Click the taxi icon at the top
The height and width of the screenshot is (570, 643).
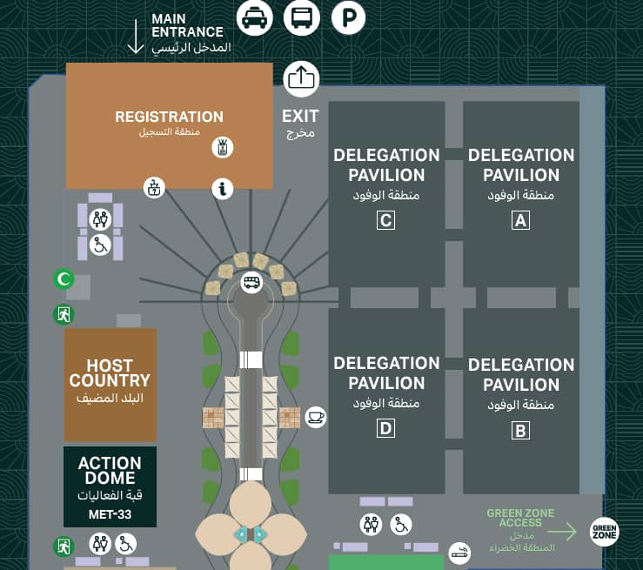pyautogui.click(x=255, y=17)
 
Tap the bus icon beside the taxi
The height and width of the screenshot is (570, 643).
pyautogui.click(x=301, y=17)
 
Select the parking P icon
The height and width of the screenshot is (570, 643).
pyautogui.click(x=348, y=17)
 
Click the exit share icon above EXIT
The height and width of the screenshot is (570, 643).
pyautogui.click(x=301, y=79)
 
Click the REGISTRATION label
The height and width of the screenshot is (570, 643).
pyautogui.click(x=169, y=117)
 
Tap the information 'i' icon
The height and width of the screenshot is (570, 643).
pyautogui.click(x=224, y=187)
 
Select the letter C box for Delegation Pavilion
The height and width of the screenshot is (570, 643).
pyautogui.click(x=385, y=220)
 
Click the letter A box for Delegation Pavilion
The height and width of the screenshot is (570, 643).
pyautogui.click(x=520, y=220)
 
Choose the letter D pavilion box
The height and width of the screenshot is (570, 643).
pyautogui.click(x=385, y=428)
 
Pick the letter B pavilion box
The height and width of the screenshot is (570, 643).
pyautogui.click(x=520, y=429)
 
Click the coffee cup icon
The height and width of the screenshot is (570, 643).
pyautogui.click(x=315, y=417)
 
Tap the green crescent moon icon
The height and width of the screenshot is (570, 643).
pyautogui.click(x=63, y=280)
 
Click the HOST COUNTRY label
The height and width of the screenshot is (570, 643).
pyautogui.click(x=110, y=372)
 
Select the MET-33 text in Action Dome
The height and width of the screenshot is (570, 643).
pyautogui.click(x=110, y=514)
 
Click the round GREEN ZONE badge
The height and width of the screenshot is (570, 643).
pyautogui.click(x=606, y=530)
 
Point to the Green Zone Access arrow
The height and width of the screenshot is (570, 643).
pyautogui.click(x=564, y=531)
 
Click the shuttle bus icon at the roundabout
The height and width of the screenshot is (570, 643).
pyautogui.click(x=251, y=282)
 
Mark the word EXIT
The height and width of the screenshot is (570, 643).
pyautogui.click(x=300, y=116)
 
